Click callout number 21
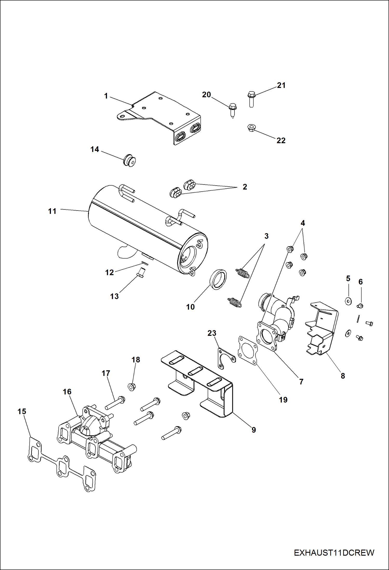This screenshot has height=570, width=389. tap(281, 85)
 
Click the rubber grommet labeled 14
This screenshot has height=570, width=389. tap(130, 160)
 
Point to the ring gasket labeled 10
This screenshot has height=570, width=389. tap(218, 279)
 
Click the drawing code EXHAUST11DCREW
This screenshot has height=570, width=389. tap(334, 553)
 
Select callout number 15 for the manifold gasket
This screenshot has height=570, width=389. tap(22, 411)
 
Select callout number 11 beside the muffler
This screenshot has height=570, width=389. tap(52, 211)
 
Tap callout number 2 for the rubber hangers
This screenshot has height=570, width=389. tap(245, 187)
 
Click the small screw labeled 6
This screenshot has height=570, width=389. tap(360, 306)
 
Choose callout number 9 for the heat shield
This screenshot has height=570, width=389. tap(254, 430)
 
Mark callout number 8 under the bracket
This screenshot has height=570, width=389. tap(343, 376)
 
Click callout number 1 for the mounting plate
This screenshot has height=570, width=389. tap(106, 96)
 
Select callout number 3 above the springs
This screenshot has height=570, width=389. tap(266, 236)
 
